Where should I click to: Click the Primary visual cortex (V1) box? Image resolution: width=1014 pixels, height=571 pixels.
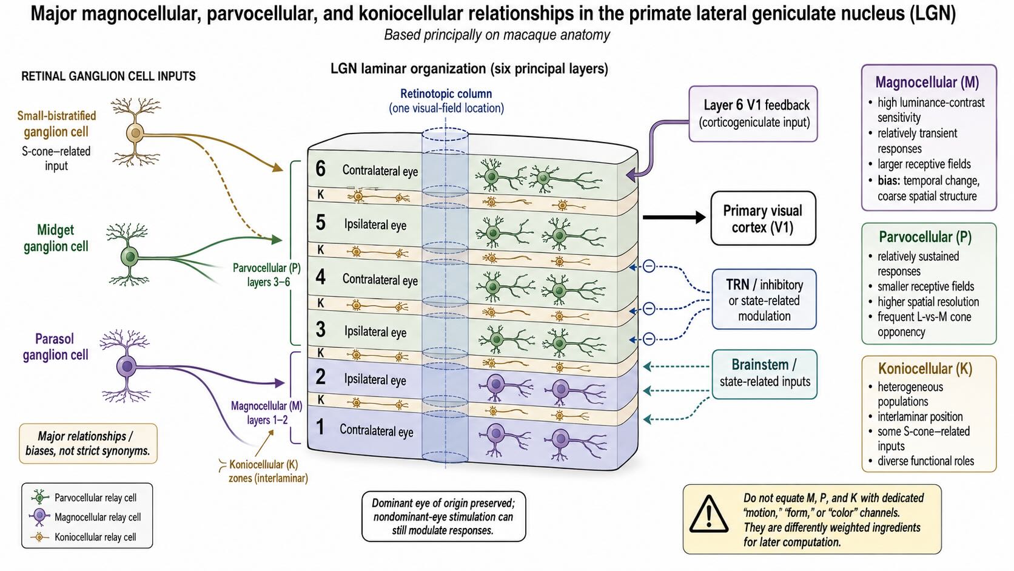click(x=763, y=218)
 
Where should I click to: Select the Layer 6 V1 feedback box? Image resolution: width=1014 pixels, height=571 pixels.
click(x=753, y=113)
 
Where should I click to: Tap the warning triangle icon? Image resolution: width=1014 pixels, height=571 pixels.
click(x=708, y=514)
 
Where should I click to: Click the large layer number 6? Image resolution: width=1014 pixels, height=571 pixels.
click(x=320, y=169)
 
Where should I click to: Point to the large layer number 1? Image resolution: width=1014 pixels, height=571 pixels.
click(x=320, y=427)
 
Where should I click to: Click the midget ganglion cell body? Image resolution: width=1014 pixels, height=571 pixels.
click(x=129, y=257)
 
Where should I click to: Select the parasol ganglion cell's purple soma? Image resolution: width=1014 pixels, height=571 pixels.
click(x=126, y=366)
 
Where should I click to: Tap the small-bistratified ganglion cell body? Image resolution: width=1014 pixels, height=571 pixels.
click(x=135, y=133)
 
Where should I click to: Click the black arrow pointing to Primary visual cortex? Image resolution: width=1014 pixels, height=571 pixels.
click(x=674, y=217)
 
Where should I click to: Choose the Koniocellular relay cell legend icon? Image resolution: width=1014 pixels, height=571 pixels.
click(x=40, y=537)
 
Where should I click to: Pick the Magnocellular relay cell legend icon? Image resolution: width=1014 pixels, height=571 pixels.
click(x=40, y=516)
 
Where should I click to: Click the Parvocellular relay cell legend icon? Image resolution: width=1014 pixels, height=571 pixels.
click(x=40, y=497)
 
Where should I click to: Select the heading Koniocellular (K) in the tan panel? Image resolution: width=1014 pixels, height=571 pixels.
click(x=925, y=368)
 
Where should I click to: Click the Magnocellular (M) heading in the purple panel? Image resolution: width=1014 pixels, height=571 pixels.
click(x=927, y=82)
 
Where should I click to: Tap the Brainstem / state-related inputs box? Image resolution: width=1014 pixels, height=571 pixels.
click(x=765, y=374)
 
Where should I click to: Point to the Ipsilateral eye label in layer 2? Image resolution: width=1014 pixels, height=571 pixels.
click(x=375, y=379)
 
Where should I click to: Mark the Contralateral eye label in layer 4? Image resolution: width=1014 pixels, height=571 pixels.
click(x=380, y=279)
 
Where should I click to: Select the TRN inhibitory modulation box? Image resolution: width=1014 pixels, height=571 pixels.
click(x=764, y=299)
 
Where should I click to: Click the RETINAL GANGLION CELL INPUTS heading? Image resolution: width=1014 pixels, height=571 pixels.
click(x=109, y=76)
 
